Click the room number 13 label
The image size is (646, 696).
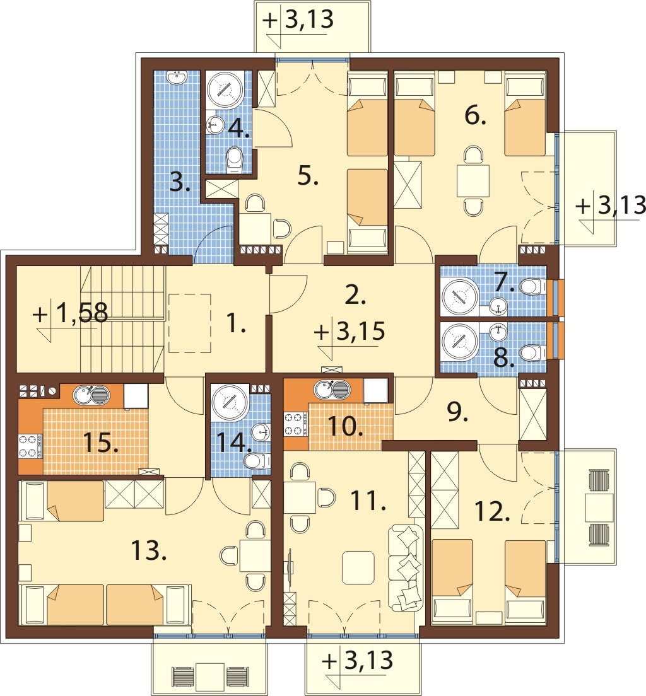149,551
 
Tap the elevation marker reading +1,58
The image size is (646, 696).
71,313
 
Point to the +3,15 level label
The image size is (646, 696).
349,332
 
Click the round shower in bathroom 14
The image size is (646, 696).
230,403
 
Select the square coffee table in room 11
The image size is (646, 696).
358,567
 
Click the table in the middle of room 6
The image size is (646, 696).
474,180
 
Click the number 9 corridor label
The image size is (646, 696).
457,414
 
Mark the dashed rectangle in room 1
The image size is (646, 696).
190,323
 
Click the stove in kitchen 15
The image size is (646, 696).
30,446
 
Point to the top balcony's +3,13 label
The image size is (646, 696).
298,20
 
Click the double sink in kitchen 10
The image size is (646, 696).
332,390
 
